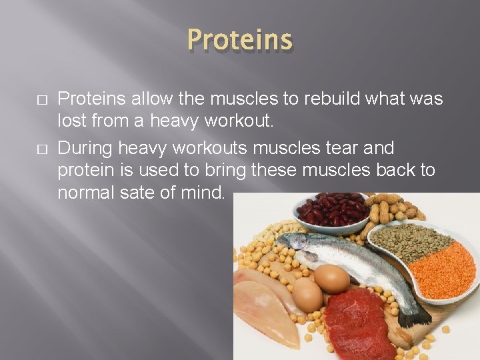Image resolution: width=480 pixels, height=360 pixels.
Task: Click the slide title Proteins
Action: pos(239,40)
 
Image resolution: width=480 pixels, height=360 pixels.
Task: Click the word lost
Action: pos(71,122)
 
